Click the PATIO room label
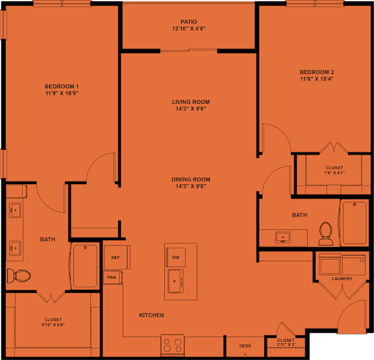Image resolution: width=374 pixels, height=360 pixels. coord(190,21)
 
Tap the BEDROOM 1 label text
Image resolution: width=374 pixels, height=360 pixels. coord(62,86)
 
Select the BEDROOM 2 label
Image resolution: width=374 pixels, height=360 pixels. coord(317,71)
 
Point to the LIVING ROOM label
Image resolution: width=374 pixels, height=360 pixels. coord(190,102)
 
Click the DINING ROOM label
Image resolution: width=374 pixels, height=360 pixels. coord(190,180)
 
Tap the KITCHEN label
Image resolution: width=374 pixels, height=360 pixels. coord(151,315)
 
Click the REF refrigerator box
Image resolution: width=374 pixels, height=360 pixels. coord(116,258)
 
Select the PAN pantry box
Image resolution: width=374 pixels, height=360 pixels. coord(112,277)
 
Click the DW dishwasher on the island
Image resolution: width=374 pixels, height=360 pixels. coord(175,258)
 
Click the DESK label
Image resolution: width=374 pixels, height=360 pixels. coord(245,346)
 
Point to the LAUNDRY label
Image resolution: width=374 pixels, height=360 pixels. coord(342,279)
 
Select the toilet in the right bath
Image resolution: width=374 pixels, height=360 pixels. coord(325,234)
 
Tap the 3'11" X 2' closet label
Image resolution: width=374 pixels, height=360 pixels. coord(286,344)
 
